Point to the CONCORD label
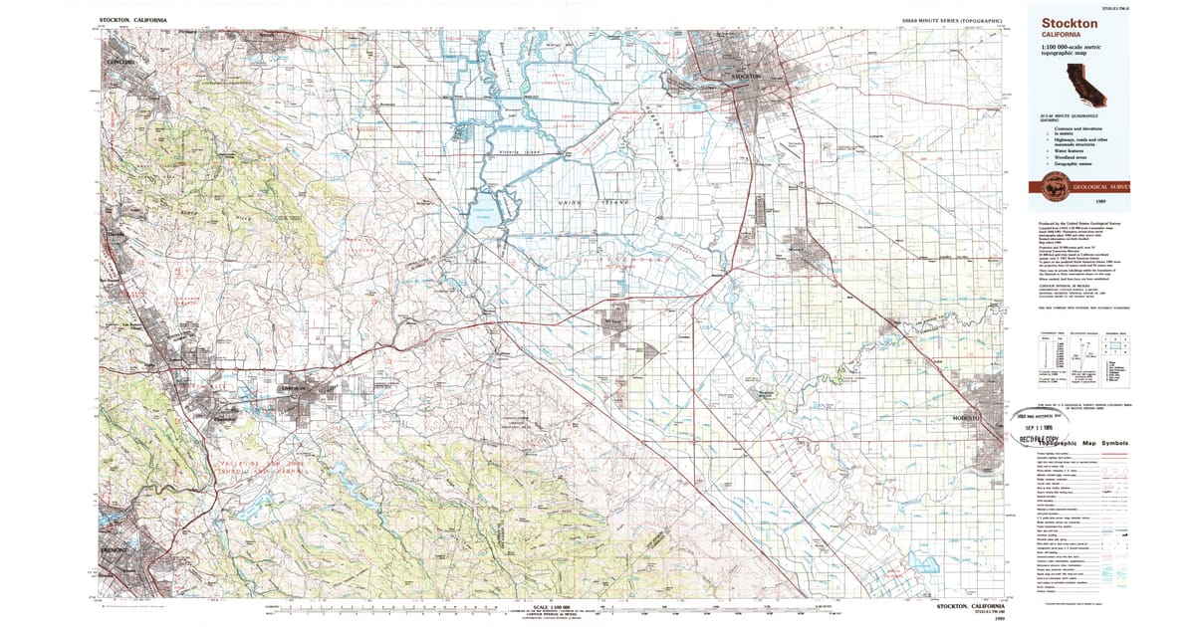119,62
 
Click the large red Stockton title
1070,22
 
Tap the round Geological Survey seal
1052,185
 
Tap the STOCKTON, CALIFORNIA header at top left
133,20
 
